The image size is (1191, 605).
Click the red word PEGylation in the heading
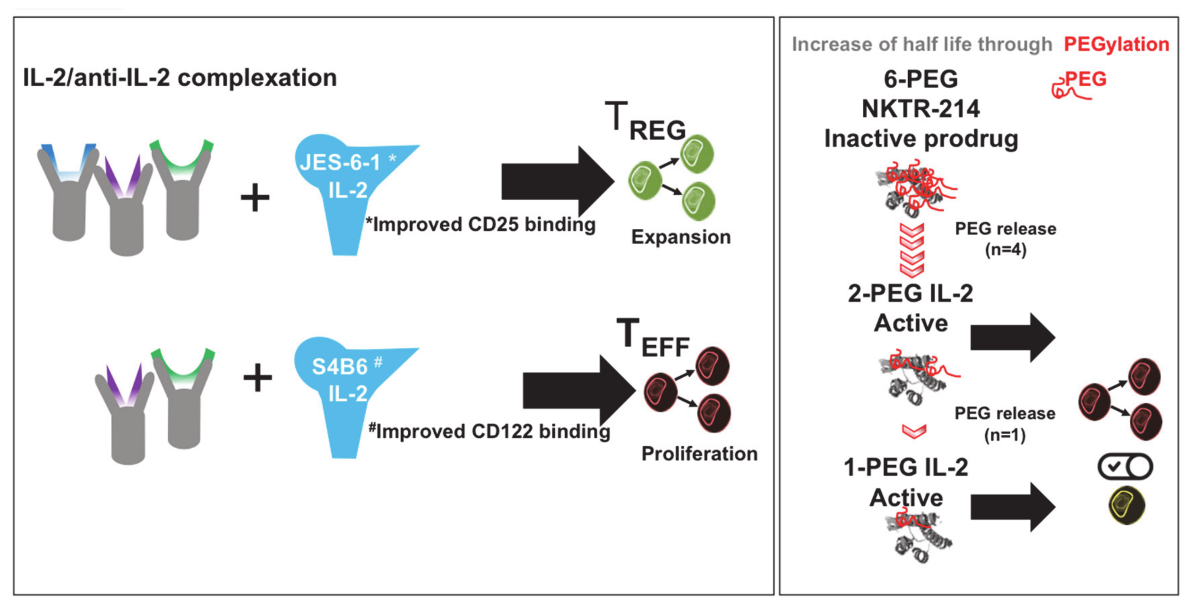1116,44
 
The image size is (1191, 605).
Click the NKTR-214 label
920,109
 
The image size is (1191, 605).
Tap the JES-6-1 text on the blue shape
340,162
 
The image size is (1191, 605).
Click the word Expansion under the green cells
680,237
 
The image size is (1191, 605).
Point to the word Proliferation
699,454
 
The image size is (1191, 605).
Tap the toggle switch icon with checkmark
1125,467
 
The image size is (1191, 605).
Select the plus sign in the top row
255,197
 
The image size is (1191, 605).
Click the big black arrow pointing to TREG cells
557,182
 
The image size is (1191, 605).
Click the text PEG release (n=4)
1005,239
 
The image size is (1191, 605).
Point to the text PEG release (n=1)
1005,424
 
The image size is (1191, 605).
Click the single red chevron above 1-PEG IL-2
914,431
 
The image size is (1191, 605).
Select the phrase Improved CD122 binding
493,431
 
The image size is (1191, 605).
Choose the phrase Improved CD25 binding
484,224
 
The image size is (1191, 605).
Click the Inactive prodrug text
920,138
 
